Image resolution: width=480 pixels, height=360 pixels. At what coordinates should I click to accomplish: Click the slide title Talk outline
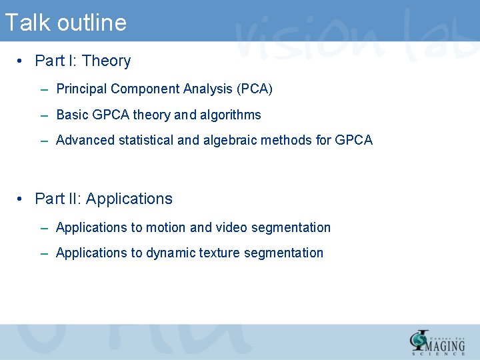pos(65,23)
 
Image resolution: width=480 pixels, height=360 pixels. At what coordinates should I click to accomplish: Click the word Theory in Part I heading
pos(107,61)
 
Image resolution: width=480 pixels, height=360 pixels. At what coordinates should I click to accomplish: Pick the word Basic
pos(72,115)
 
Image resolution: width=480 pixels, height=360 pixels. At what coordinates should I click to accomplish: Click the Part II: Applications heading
pos(103,199)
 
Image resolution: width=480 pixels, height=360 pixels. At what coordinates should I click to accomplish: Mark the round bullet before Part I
pos(21,62)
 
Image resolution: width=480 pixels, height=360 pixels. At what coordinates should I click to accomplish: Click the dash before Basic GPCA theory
pos(43,115)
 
